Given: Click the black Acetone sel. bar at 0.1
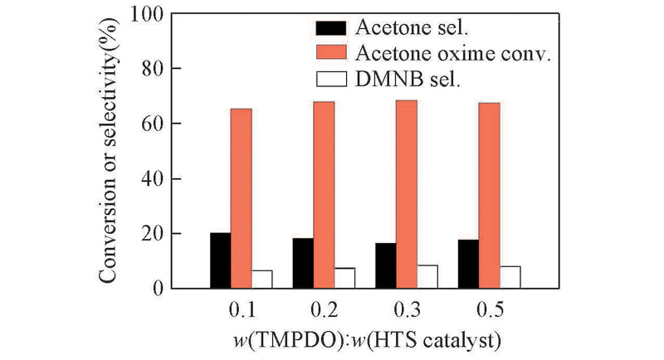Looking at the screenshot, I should [x=220, y=260].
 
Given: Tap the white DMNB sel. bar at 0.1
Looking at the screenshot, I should [x=261, y=280].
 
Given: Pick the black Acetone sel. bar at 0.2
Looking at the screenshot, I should [x=303, y=263].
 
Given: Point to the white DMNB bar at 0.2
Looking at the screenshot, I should [x=344, y=278].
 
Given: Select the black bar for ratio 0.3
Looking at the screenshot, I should [x=386, y=265].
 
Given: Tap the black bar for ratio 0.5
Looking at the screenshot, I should [x=468, y=264].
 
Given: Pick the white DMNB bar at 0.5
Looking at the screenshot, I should [x=510, y=277].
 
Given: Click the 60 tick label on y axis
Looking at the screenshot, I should [x=154, y=124].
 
